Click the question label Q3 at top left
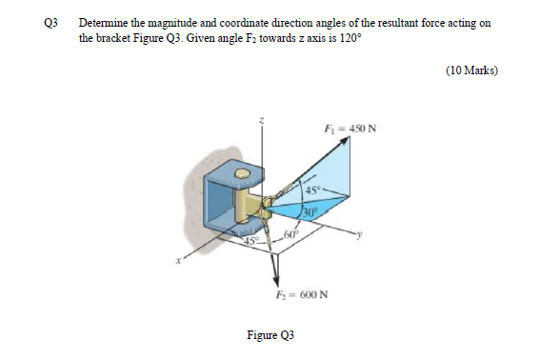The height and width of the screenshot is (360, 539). tap(46, 22)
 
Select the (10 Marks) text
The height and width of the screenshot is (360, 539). tap(471, 70)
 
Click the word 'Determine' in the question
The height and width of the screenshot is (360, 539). tap(103, 22)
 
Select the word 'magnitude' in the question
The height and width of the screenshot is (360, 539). tap(171, 22)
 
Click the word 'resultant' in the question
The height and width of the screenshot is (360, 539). tap(392, 22)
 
